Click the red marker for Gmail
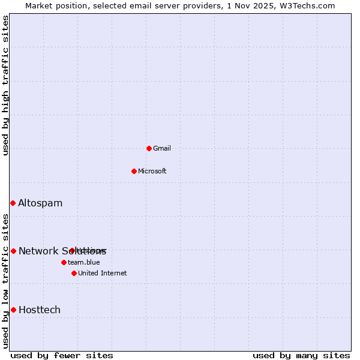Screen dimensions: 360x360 click(149, 148)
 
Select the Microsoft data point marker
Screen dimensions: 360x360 click(134, 171)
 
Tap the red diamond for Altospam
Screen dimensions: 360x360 click(13, 203)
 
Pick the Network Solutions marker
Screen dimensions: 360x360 click(13, 251)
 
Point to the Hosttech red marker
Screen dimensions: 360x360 click(13, 310)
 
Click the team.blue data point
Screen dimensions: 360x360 click(64, 262)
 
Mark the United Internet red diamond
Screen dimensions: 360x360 click(74, 273)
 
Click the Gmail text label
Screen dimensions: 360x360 click(162, 148)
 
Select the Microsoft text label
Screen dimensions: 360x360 click(152, 171)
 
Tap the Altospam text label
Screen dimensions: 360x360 click(40, 203)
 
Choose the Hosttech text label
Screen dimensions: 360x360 click(40, 310)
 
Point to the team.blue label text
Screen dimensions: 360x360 click(84, 262)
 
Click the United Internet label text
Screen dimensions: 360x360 click(103, 273)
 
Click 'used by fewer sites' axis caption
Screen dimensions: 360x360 click(62, 355)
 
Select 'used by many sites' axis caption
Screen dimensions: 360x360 click(301, 355)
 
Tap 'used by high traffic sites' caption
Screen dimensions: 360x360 click(6, 85)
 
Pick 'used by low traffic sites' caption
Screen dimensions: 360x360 click(6, 280)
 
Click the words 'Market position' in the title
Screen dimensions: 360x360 click(53, 5)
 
